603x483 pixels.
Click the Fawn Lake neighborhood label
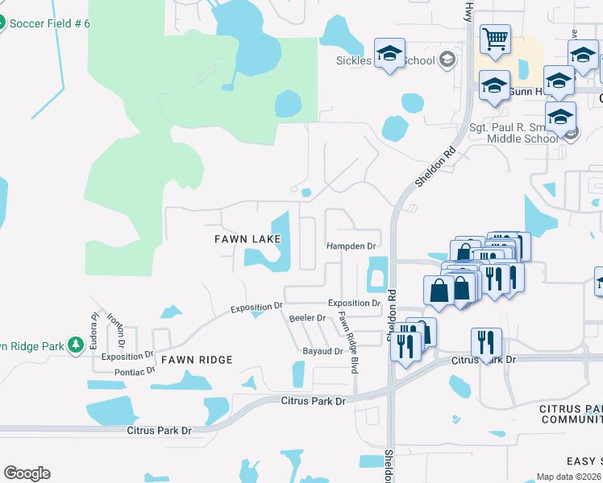(x=247, y=239)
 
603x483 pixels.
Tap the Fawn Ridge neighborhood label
(x=197, y=360)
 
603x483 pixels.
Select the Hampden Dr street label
(x=351, y=246)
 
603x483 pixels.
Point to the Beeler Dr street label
(x=307, y=318)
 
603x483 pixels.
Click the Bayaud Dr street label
(x=322, y=352)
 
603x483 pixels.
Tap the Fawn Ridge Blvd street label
(x=347, y=341)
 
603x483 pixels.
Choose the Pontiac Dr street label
(x=135, y=371)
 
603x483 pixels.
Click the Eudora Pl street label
(x=94, y=329)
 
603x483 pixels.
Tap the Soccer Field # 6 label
(x=49, y=23)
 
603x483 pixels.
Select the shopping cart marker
(x=495, y=37)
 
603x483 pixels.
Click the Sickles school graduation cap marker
(x=390, y=55)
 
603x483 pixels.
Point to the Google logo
(x=27, y=473)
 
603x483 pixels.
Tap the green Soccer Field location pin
(x=2, y=23)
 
